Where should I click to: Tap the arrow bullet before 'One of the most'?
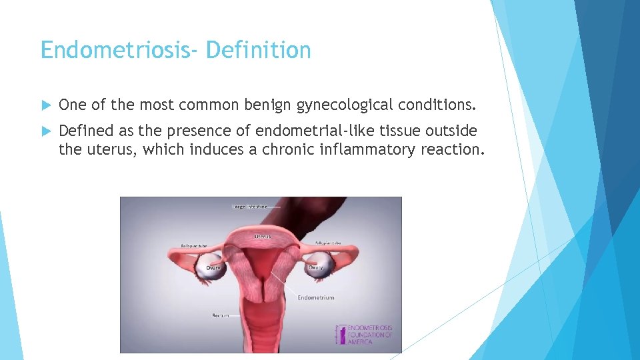(x=45, y=105)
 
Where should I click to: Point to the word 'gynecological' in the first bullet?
(x=345, y=105)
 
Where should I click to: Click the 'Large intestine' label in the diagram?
(x=251, y=207)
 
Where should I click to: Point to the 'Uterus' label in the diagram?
(x=262, y=237)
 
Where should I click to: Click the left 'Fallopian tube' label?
(x=194, y=245)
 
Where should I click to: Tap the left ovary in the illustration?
(x=214, y=267)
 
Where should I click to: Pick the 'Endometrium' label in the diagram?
(x=315, y=297)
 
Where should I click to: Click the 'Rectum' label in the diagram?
(x=221, y=315)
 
